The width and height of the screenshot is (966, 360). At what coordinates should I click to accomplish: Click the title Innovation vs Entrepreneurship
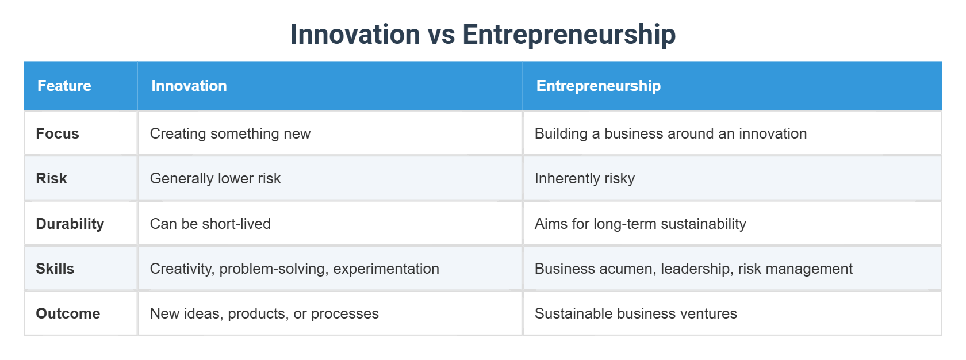[482, 35]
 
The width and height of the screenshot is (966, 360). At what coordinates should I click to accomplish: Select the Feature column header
[64, 86]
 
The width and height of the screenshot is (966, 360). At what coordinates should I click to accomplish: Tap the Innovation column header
[189, 86]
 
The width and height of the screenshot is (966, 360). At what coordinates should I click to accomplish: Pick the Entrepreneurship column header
[598, 86]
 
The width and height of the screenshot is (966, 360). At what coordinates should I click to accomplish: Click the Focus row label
[57, 133]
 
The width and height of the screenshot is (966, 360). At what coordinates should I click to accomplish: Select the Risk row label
[51, 178]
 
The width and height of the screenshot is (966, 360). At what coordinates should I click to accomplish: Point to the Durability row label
[70, 224]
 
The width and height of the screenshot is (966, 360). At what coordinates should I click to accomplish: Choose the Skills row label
[55, 269]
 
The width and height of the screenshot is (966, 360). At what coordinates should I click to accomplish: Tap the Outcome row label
[68, 313]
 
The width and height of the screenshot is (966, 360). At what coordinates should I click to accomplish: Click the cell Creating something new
[230, 133]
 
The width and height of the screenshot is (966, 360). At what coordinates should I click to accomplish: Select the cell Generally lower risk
[215, 178]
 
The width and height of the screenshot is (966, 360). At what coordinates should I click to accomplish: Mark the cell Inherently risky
[584, 178]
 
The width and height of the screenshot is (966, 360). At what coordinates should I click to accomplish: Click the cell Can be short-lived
[210, 224]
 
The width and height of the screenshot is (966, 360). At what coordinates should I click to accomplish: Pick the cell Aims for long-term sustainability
[640, 224]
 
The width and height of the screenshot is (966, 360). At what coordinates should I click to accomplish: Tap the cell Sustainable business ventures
[635, 313]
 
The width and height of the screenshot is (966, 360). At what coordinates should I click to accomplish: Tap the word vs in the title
[441, 35]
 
